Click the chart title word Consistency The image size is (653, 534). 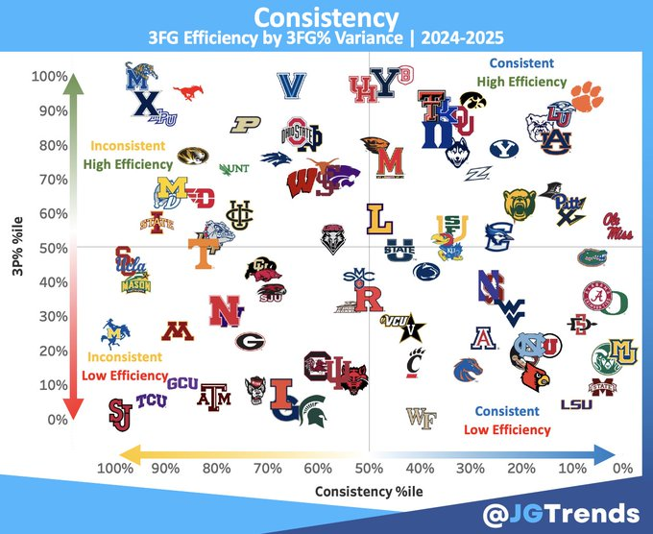[x=326, y=18]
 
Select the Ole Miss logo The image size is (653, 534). [x=618, y=225]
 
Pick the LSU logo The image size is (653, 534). [x=576, y=404]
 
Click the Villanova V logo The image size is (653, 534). [x=291, y=85]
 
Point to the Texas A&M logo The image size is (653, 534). [x=214, y=396]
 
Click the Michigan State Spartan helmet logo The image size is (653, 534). [x=313, y=411]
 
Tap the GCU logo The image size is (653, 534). [x=182, y=381]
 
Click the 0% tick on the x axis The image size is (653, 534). [x=621, y=468]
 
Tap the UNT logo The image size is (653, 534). [x=233, y=169]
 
